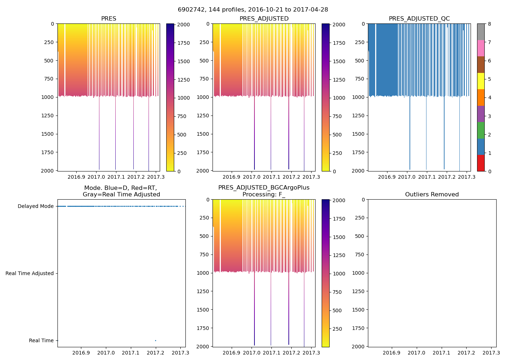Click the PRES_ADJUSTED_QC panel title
419,19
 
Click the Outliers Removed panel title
432,195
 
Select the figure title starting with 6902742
253,10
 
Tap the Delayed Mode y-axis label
35,206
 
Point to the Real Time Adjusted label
29,274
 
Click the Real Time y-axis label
41,341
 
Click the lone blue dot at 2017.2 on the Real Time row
155,340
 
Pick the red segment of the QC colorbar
481,163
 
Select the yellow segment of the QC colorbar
481,81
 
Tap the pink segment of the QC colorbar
481,48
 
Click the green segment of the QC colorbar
481,130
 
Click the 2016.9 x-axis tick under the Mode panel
81,353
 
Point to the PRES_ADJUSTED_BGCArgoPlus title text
264,188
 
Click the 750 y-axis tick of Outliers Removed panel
360,255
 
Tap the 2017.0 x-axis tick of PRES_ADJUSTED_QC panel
407,177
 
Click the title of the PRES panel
108,19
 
